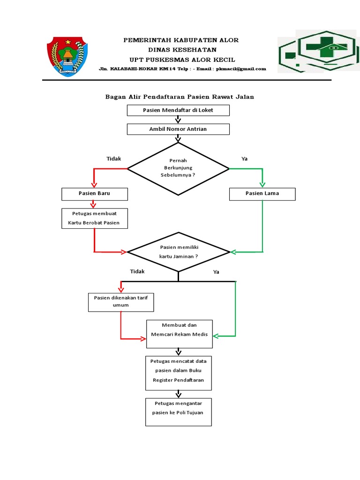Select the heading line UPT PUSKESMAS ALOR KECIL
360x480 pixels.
point(182,60)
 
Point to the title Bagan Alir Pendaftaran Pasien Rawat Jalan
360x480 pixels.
point(179,97)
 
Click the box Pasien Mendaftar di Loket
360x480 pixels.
point(178,110)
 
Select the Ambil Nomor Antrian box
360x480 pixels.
point(178,129)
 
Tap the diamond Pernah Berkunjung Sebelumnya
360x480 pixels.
point(178,168)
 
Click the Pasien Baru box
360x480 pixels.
point(94,194)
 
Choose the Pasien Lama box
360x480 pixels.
point(262,194)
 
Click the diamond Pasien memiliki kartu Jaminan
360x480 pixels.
point(178,252)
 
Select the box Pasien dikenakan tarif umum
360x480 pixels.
point(121,301)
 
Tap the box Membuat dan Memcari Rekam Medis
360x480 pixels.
point(179,334)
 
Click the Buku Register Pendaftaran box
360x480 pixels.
point(178,373)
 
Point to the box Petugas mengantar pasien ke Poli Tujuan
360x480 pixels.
point(178,412)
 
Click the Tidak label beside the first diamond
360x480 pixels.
point(113,159)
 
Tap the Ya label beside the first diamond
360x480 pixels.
point(244,159)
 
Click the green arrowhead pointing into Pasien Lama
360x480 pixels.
point(262,184)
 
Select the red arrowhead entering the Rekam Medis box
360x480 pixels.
point(143,338)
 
